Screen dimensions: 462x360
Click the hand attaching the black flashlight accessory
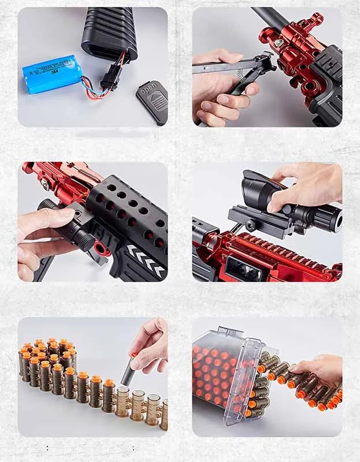tap(43, 231)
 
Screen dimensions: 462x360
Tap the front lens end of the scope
tap(330, 218)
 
